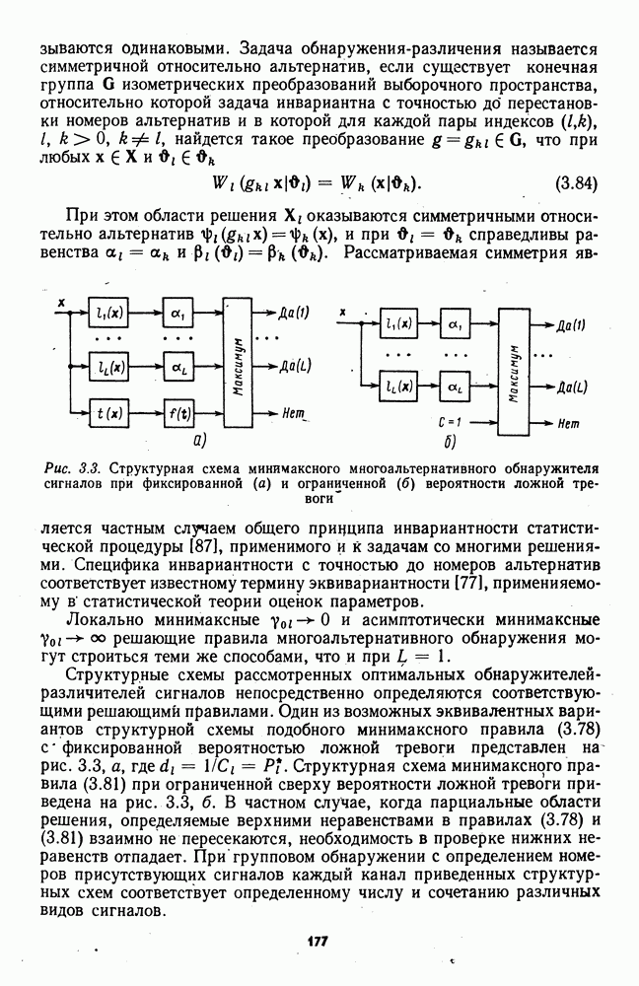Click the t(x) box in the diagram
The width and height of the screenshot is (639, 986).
(x=109, y=410)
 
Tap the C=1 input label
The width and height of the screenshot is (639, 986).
(x=449, y=421)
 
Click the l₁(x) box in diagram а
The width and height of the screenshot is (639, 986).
(x=109, y=314)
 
